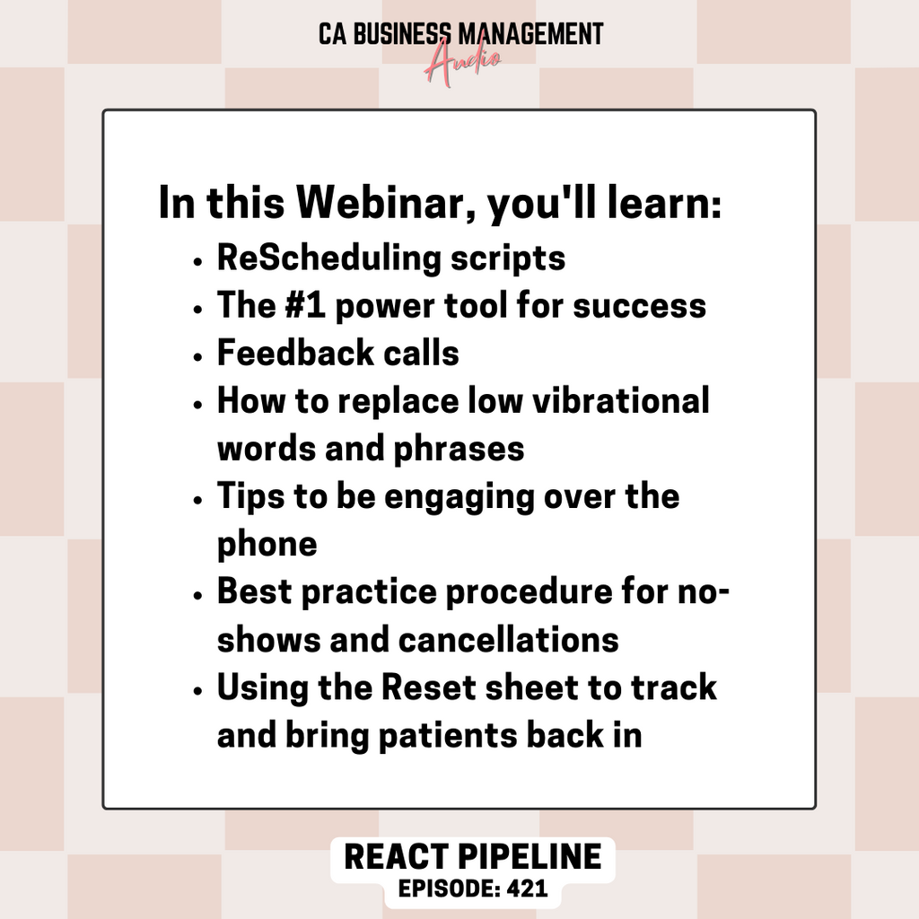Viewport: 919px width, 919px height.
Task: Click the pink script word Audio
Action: pyautogui.click(x=462, y=64)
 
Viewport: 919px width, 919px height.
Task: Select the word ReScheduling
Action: pyautogui.click(x=328, y=259)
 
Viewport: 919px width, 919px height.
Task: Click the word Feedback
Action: pyautogui.click(x=296, y=353)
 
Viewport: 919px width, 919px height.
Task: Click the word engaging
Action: pyautogui.click(x=459, y=498)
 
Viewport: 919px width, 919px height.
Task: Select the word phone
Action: pyautogui.click(x=267, y=545)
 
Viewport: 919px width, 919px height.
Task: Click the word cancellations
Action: pyautogui.click(x=509, y=639)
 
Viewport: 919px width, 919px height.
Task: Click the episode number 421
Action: pyautogui.click(x=528, y=888)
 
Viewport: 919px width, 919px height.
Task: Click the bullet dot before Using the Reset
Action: pyautogui.click(x=197, y=691)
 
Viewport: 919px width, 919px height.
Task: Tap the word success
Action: pyautogui.click(x=639, y=307)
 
